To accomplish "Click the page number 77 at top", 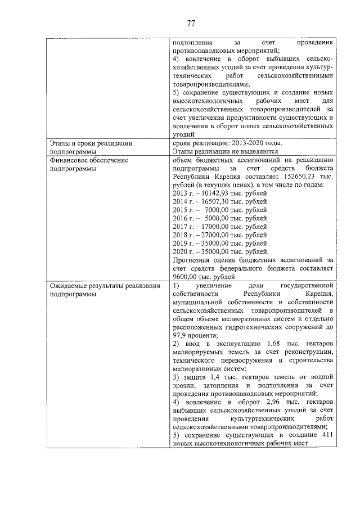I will (191, 23).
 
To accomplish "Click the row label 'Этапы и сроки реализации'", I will (91, 143).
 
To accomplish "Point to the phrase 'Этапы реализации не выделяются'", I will (226, 151).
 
